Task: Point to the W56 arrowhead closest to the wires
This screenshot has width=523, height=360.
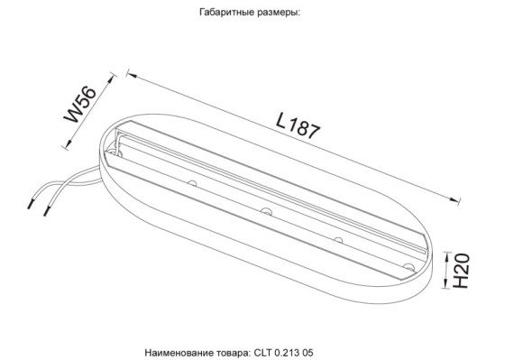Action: [x=67, y=145]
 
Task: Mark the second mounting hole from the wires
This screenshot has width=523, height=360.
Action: [x=266, y=211]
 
